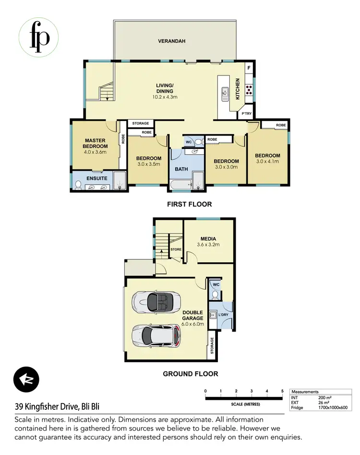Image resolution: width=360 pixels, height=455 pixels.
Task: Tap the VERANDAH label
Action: click(171, 41)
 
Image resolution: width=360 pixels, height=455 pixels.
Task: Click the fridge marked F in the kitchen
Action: click(249, 69)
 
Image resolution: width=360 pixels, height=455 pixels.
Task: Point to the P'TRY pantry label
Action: click(246, 114)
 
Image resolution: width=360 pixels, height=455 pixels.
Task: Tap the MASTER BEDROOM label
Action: click(95, 144)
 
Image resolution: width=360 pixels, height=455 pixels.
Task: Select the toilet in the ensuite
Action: click(78, 184)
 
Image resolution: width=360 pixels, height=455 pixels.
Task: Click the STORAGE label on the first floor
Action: click(141, 124)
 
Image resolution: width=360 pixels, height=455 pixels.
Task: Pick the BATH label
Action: click(181, 169)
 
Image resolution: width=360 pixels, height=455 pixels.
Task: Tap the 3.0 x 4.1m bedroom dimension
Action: click(267, 161)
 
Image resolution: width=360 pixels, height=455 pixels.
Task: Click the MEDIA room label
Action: click(208, 239)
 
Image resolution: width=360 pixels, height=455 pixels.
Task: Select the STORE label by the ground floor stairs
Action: click(176, 249)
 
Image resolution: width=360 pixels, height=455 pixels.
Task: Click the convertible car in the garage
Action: click(156, 301)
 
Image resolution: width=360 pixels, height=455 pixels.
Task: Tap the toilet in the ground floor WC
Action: click(216, 294)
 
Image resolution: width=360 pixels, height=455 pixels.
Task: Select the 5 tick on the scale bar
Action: click(282, 391)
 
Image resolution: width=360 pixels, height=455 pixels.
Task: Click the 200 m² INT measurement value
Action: click(325, 398)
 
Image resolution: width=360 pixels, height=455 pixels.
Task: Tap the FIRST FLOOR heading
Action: click(189, 204)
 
